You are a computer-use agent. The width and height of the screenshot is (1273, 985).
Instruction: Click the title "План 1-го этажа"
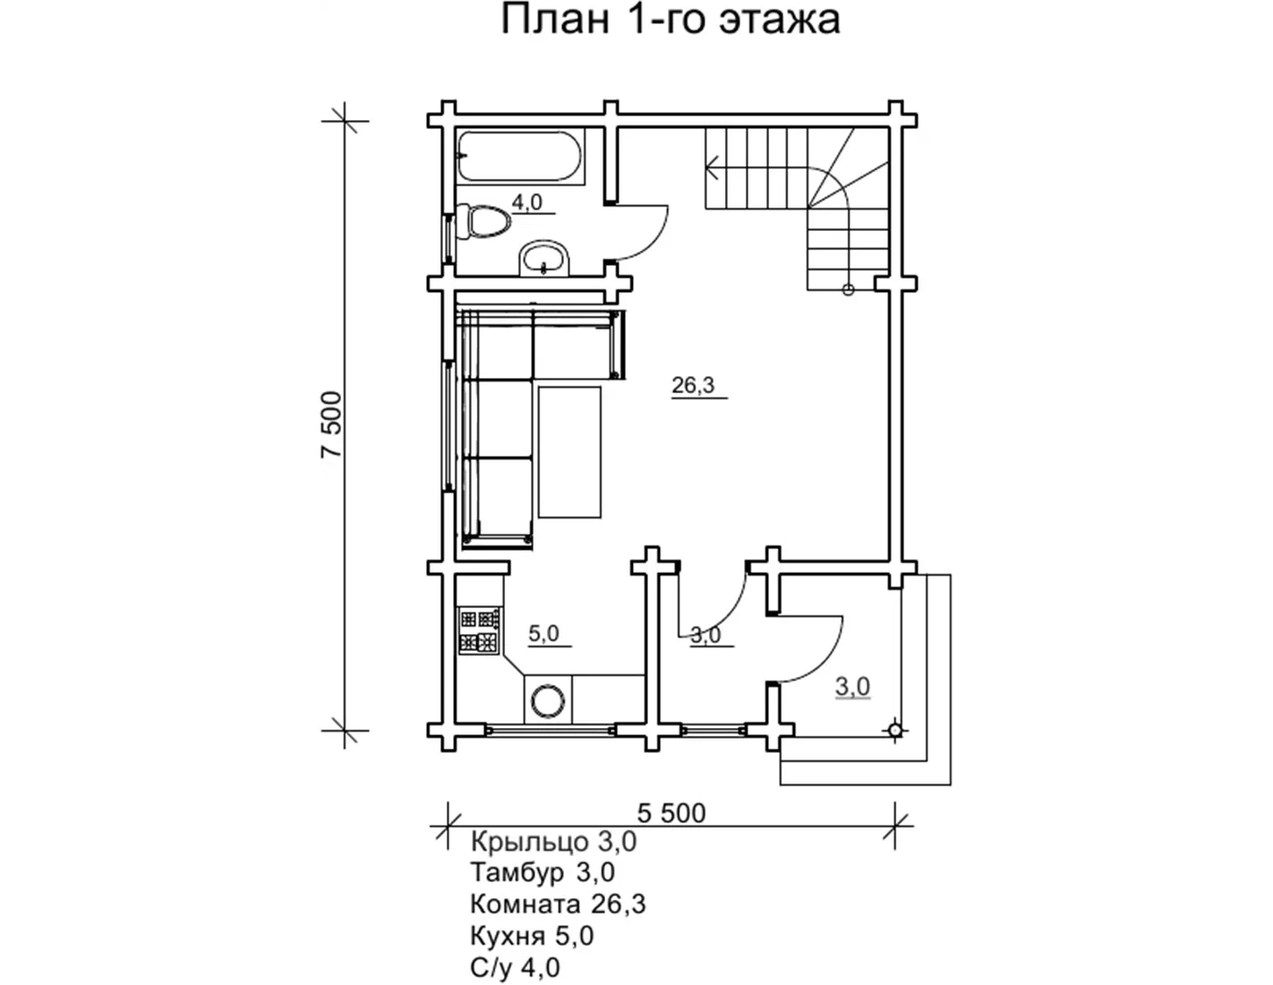[x=671, y=20]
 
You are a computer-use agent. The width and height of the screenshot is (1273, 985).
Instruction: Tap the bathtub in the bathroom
[x=519, y=157]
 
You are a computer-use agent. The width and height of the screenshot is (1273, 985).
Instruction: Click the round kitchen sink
[x=548, y=701]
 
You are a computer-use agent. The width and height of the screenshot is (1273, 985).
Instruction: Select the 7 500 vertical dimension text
[x=331, y=424]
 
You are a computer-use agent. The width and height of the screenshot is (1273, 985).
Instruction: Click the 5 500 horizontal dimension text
[x=671, y=813]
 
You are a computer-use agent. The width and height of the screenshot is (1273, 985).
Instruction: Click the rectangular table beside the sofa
[x=570, y=452]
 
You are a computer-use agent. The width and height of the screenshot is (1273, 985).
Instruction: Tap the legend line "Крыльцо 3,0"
[x=553, y=842]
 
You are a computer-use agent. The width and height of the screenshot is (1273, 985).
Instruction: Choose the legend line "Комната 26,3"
[x=559, y=904]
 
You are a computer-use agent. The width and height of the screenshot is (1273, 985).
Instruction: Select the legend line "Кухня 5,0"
[x=532, y=936]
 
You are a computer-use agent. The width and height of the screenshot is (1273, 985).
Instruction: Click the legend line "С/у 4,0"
[x=515, y=967]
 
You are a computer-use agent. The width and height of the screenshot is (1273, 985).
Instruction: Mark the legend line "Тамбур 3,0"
[x=543, y=872]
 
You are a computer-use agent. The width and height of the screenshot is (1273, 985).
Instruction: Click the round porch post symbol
[x=894, y=731]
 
